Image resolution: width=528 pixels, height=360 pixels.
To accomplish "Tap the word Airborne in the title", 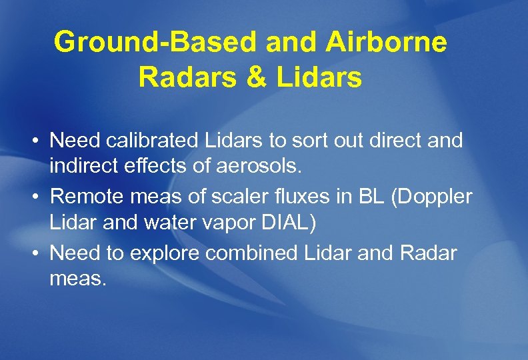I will click(x=387, y=43).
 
